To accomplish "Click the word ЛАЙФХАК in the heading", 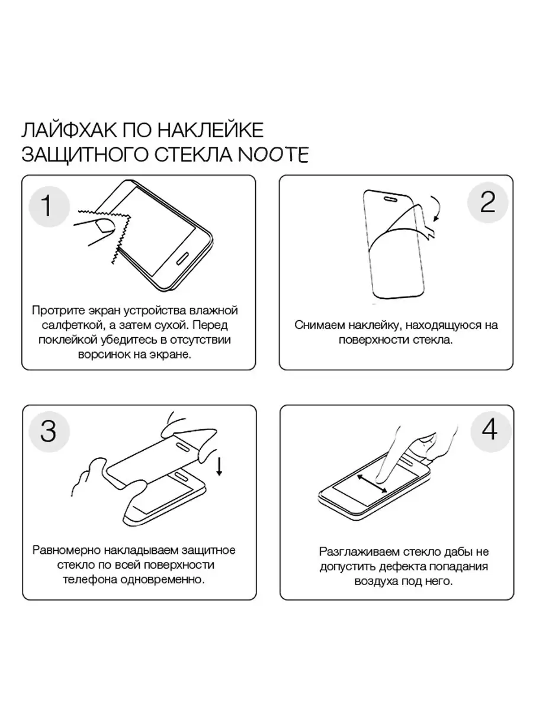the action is pyautogui.click(x=68, y=130).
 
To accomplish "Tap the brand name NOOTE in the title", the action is pyautogui.click(x=274, y=154).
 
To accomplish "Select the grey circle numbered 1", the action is pyautogui.click(x=49, y=206).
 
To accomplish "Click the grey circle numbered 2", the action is pyautogui.click(x=487, y=202).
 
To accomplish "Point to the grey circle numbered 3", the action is pyautogui.click(x=49, y=431).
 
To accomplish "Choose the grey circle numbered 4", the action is pyautogui.click(x=490, y=431).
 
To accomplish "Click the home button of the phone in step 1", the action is pyautogui.click(x=184, y=257).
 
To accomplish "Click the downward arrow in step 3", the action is pyautogui.click(x=219, y=466).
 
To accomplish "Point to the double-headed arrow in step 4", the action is pyautogui.click(x=372, y=483).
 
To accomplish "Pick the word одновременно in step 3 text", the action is pyautogui.click(x=163, y=579).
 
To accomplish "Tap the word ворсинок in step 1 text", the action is pyautogui.click(x=104, y=355).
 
